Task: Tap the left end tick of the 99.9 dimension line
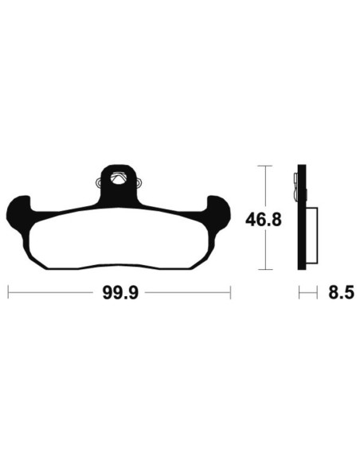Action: pyautogui.click(x=8, y=294)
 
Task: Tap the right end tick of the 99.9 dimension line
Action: pyautogui.click(x=229, y=294)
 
